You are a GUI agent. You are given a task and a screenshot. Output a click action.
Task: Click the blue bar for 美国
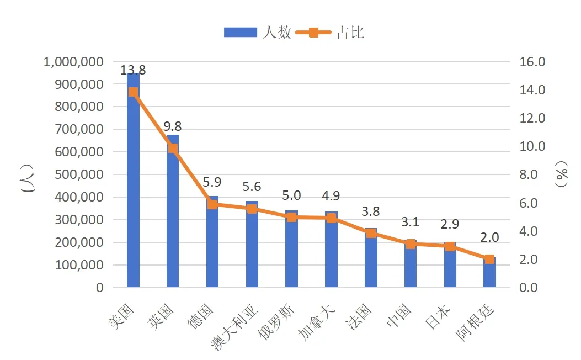pos(133,188)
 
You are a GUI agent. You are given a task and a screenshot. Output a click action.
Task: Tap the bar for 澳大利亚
pos(252,248)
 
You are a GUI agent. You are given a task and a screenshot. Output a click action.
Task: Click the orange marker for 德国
pos(212,204)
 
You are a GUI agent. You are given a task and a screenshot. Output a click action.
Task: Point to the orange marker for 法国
pos(371,233)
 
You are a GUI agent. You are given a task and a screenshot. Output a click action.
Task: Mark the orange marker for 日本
pos(450,246)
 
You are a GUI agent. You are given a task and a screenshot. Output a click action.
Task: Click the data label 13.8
pos(133,70)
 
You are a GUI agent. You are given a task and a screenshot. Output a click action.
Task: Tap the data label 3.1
pos(411,222)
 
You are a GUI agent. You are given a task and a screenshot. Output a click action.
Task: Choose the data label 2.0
pos(489,237)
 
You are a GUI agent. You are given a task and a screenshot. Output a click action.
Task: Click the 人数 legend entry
pos(257,33)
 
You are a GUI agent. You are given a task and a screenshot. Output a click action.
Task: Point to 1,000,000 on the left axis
pos(73,62)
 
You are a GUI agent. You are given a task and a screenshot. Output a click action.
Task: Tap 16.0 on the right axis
pos(532,62)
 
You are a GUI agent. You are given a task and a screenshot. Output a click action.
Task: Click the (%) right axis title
pos(562,175)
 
